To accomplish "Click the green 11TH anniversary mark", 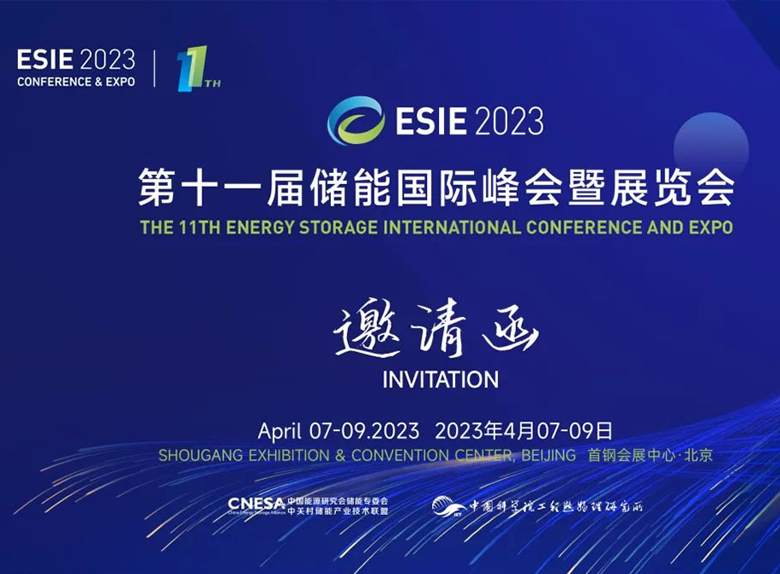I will point(195,69).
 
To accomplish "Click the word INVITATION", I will point(441,379).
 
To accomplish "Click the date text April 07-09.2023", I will point(338,430).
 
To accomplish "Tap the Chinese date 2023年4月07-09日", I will point(524,430).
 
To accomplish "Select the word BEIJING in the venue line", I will point(548,456).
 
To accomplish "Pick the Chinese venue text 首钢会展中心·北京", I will point(650,456).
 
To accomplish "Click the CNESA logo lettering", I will point(256,504).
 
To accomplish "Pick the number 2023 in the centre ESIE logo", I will point(507,120).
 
